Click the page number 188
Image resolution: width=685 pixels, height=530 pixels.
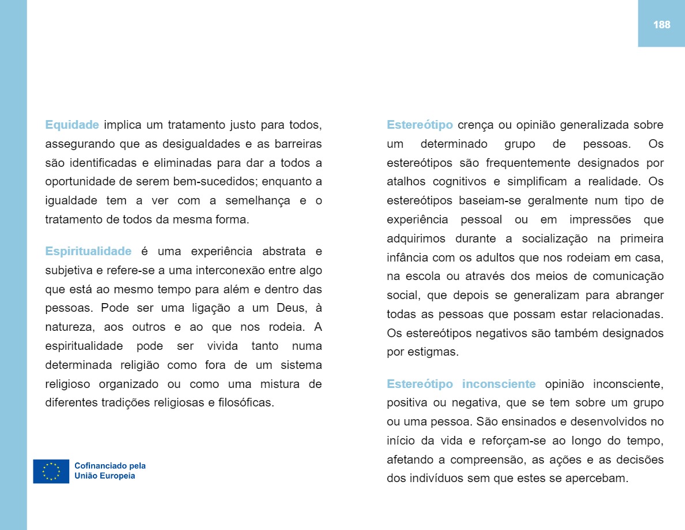click(x=661, y=25)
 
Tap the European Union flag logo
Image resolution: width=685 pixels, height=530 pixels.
click(x=51, y=471)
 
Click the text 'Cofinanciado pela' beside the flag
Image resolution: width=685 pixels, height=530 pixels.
click(x=110, y=466)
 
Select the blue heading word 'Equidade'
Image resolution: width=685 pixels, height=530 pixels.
click(x=72, y=125)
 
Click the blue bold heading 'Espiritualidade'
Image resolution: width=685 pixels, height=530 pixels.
click(x=88, y=251)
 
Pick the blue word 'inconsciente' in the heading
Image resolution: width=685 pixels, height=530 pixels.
click(x=499, y=384)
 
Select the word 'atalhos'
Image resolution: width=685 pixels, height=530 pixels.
click(x=405, y=181)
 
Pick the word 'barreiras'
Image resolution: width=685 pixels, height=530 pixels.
click(x=296, y=143)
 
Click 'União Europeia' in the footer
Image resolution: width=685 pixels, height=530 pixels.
click(x=105, y=476)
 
